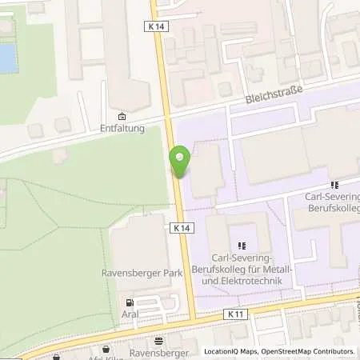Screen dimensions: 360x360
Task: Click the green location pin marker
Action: point(180,162)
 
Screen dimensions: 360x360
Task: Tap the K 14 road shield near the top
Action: point(156,26)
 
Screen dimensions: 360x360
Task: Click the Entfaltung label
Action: point(122,127)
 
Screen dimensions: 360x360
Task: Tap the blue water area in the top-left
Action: point(8,58)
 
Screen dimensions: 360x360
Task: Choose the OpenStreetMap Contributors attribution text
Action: point(308,351)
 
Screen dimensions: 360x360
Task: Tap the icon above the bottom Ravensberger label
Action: point(158,341)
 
